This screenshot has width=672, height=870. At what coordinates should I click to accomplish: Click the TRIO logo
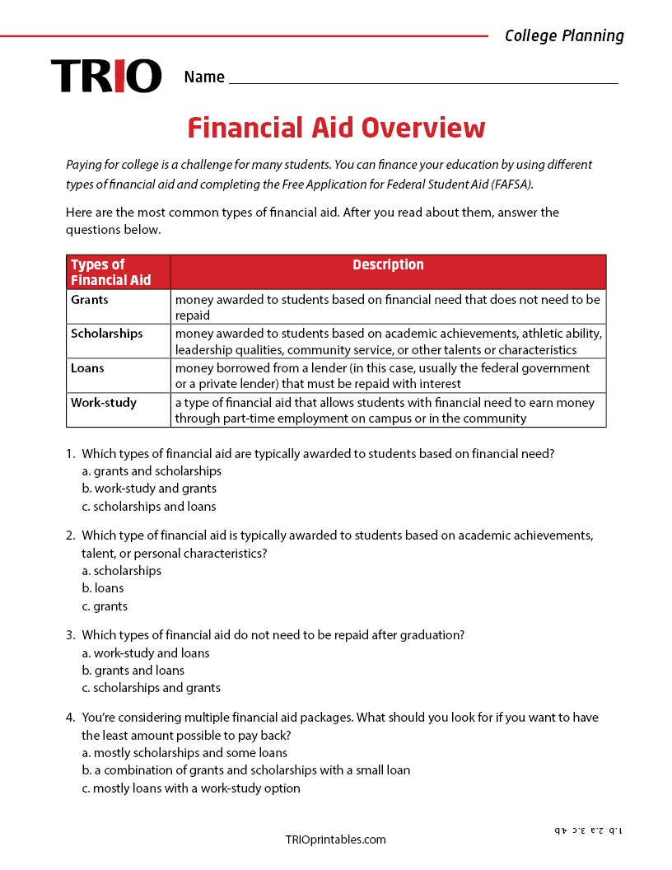coord(106,76)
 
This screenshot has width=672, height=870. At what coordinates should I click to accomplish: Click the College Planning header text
coord(564,35)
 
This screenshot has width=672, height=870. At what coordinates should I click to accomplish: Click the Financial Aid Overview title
coord(336,128)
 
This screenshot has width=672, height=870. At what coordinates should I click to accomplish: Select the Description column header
coord(388,265)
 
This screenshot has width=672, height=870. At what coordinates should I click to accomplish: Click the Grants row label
coord(90,300)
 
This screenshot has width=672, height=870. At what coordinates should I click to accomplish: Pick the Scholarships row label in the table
coord(106,334)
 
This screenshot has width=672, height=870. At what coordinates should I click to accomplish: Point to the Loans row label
coord(87,368)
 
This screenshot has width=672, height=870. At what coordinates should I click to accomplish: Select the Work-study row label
coord(104,403)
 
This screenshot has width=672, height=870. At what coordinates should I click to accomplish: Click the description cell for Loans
coord(383,376)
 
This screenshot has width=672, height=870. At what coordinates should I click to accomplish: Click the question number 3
coord(70,635)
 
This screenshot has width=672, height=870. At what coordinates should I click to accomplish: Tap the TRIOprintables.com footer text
coord(335,840)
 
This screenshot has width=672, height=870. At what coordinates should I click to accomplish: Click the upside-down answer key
coord(588,830)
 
